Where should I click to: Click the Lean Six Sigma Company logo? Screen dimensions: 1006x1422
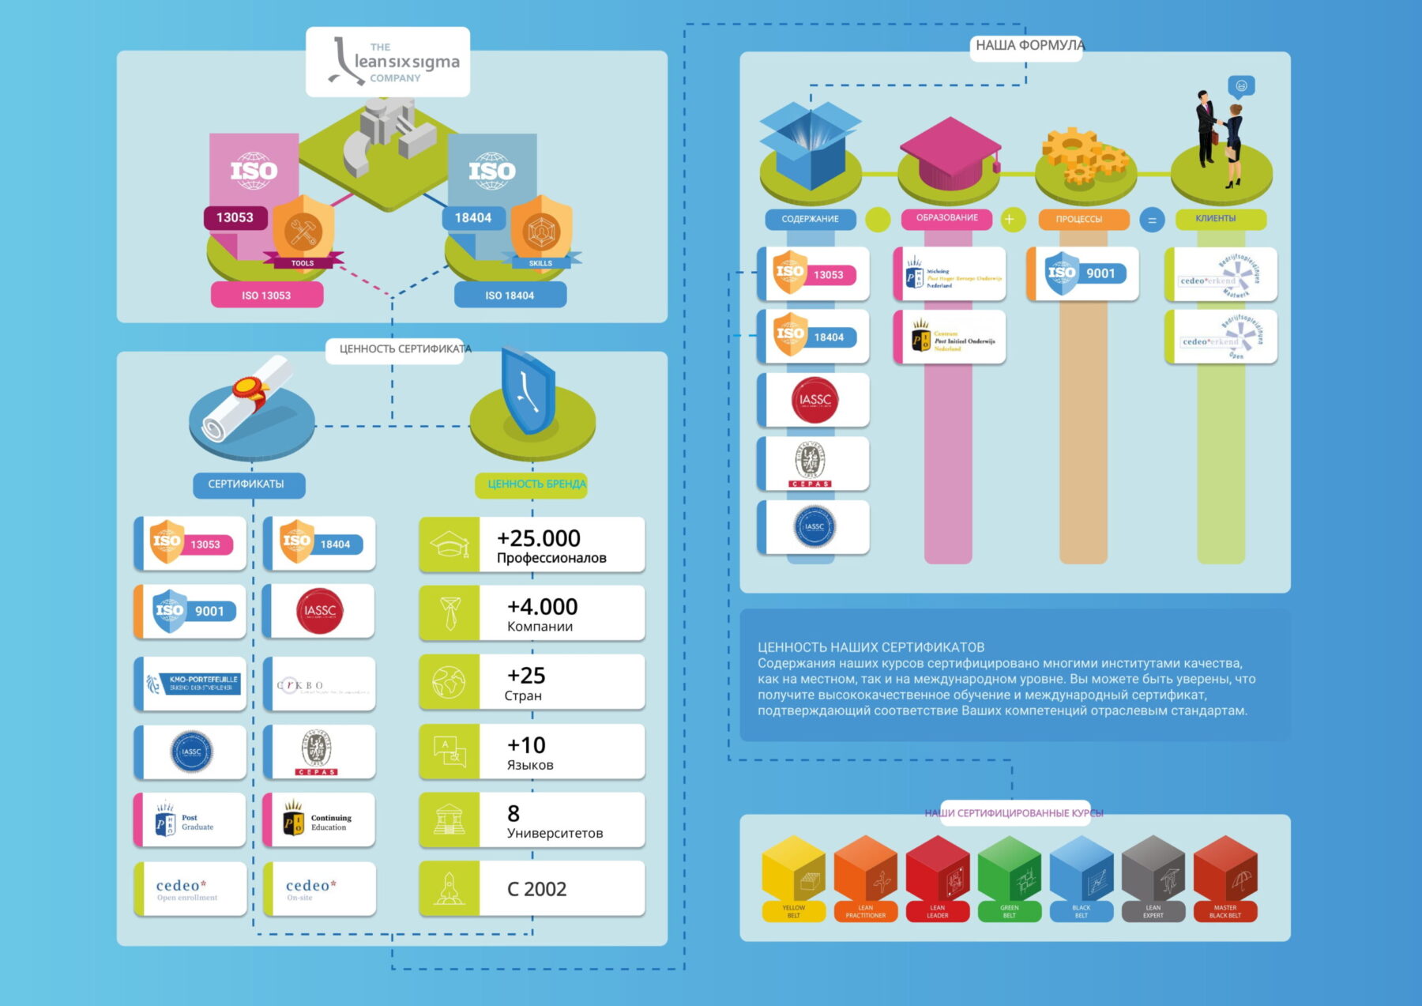[x=388, y=62]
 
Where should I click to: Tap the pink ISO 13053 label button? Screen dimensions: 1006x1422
[x=266, y=295]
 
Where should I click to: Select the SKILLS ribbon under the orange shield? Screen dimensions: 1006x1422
[x=540, y=263]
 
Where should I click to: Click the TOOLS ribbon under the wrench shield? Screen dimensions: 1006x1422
[x=303, y=263]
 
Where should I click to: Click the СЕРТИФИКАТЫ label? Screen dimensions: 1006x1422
[x=246, y=484]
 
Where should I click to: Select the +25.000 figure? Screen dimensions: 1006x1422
[x=539, y=538]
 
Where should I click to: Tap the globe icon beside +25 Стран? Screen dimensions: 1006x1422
[x=449, y=681]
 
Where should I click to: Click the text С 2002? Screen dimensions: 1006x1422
[x=536, y=889]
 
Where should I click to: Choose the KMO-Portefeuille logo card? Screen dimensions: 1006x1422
[x=190, y=683]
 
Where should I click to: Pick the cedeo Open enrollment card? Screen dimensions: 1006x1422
[x=190, y=889]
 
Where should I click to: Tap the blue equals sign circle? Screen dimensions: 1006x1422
[x=1152, y=220]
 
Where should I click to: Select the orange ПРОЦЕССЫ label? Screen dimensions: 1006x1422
[x=1078, y=219]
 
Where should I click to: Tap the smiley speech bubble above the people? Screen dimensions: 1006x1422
[x=1241, y=85]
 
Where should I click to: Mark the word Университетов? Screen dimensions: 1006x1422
[x=555, y=833]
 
